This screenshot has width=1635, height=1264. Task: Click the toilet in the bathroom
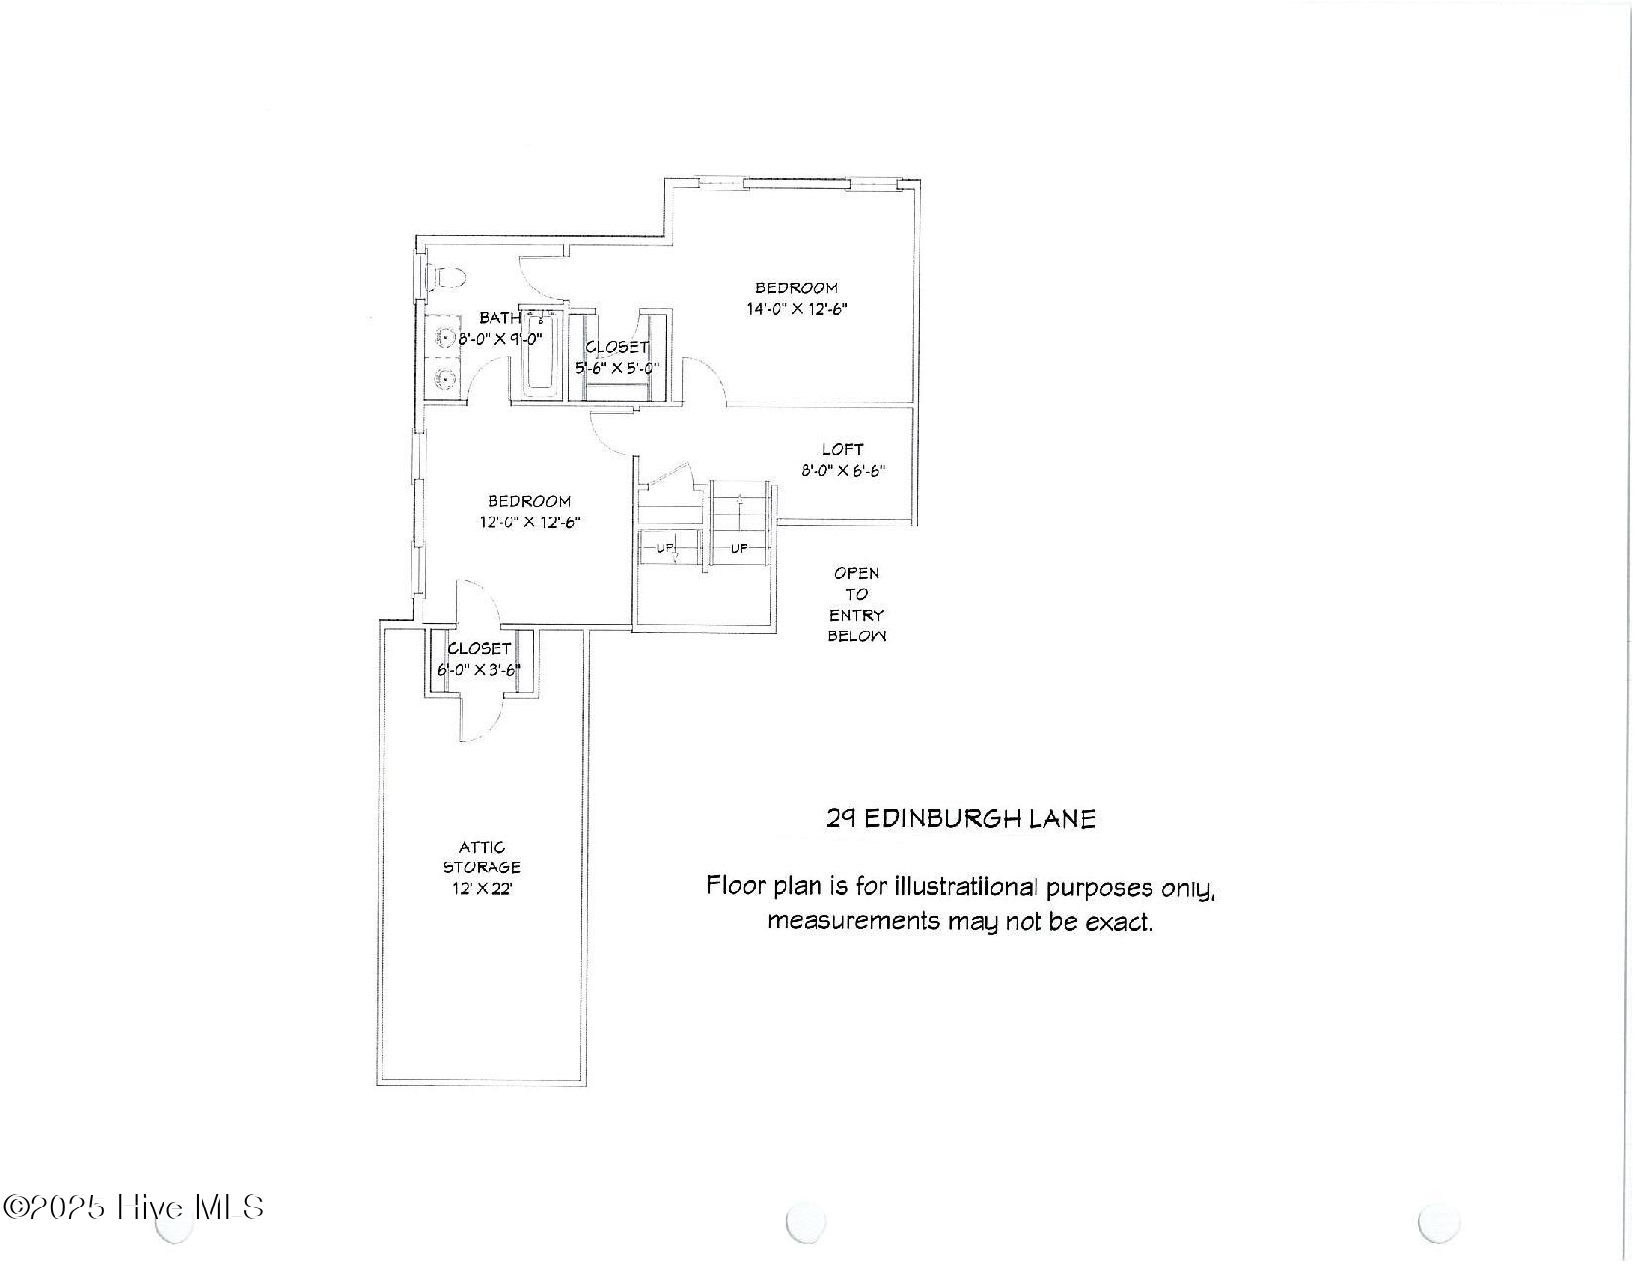tap(445, 278)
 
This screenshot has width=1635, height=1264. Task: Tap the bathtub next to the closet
tap(541, 354)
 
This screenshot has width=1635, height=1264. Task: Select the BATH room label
tap(499, 318)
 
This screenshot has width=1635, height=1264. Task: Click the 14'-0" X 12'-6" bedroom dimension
tap(797, 309)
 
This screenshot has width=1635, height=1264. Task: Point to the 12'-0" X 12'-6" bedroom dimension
tap(529, 522)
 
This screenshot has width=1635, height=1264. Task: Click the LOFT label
tap(842, 449)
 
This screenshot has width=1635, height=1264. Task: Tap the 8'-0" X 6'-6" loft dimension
tap(842, 471)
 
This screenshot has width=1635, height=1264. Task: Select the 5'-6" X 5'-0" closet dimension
tap(617, 368)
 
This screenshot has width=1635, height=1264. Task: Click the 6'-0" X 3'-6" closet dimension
tap(480, 670)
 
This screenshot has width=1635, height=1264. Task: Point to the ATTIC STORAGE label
tap(482, 858)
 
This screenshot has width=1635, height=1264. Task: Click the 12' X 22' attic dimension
tap(482, 889)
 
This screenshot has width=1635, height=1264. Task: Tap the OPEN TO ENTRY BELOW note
tap(857, 605)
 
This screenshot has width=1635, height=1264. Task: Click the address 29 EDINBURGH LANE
tap(961, 819)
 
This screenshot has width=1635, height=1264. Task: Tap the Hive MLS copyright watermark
tap(134, 1207)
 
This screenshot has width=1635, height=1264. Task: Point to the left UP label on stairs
tap(662, 548)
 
